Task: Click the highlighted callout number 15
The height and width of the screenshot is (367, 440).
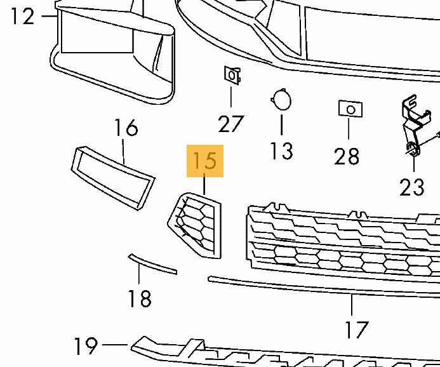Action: click(x=204, y=161)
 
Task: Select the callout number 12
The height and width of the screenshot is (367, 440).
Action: click(x=22, y=15)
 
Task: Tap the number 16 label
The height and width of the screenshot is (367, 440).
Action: click(x=126, y=128)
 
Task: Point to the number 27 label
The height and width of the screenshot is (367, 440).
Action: click(x=230, y=123)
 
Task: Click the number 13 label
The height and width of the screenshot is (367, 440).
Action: click(x=281, y=151)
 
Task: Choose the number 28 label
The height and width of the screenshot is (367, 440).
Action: click(x=347, y=156)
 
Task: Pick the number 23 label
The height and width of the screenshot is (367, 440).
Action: click(x=411, y=187)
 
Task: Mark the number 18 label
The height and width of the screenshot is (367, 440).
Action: click(x=139, y=298)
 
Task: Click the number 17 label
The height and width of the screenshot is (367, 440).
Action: click(x=356, y=330)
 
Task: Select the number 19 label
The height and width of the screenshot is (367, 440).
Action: click(x=86, y=347)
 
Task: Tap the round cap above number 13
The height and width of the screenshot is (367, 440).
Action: click(x=280, y=100)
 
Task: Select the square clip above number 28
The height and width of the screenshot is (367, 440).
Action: click(x=350, y=109)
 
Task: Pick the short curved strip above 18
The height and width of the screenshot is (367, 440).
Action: click(x=152, y=264)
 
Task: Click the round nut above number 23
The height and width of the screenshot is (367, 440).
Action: click(x=413, y=150)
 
